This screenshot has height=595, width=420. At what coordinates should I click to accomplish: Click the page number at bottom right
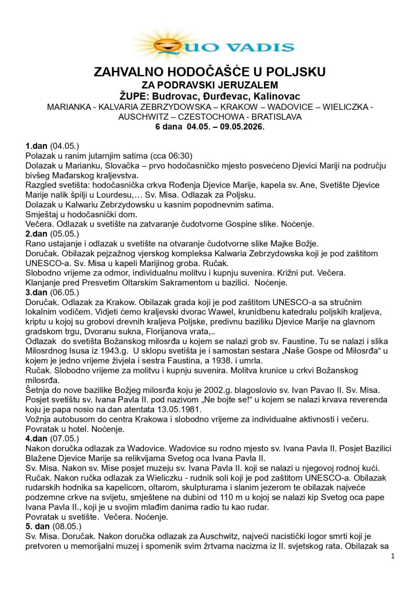coord(393,556)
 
